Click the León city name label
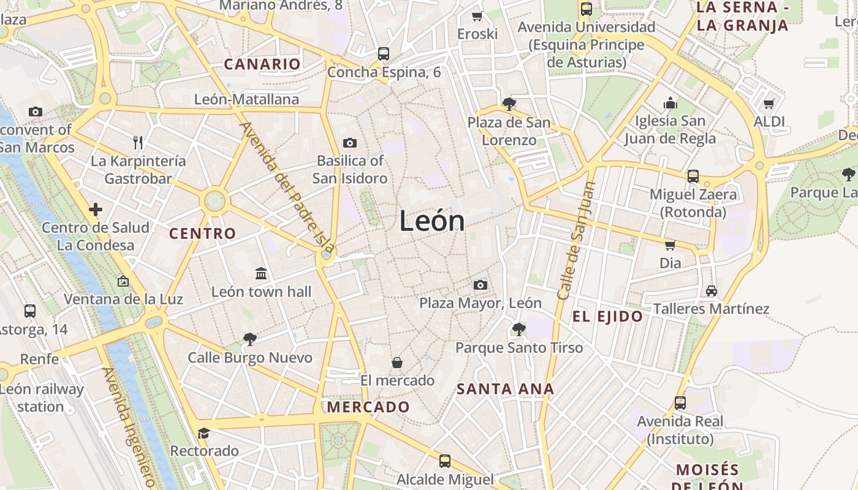pyautogui.click(x=432, y=221)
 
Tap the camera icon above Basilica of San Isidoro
pyautogui.click(x=350, y=143)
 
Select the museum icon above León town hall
pyautogui.click(x=261, y=273)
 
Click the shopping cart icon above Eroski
pyautogui.click(x=477, y=16)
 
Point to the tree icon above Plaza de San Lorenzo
pyautogui.click(x=509, y=104)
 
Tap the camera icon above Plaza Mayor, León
pyautogui.click(x=480, y=285)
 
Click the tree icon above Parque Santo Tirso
pyautogui.click(x=519, y=330)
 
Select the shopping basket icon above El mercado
pyautogui.click(x=397, y=363)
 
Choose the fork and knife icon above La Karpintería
pyautogui.click(x=138, y=143)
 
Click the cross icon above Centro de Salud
pyautogui.click(x=96, y=209)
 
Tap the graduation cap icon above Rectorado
pyautogui.click(x=203, y=433)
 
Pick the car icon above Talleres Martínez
pyautogui.click(x=711, y=290)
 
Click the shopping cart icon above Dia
pyautogui.click(x=670, y=245)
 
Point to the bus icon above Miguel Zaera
pyautogui.click(x=693, y=176)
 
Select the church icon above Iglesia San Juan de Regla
pyautogui.click(x=671, y=103)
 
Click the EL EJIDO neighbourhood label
pyautogui.click(x=607, y=317)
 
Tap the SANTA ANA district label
pyautogui.click(x=506, y=389)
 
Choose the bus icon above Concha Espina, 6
pyautogui.click(x=384, y=54)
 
